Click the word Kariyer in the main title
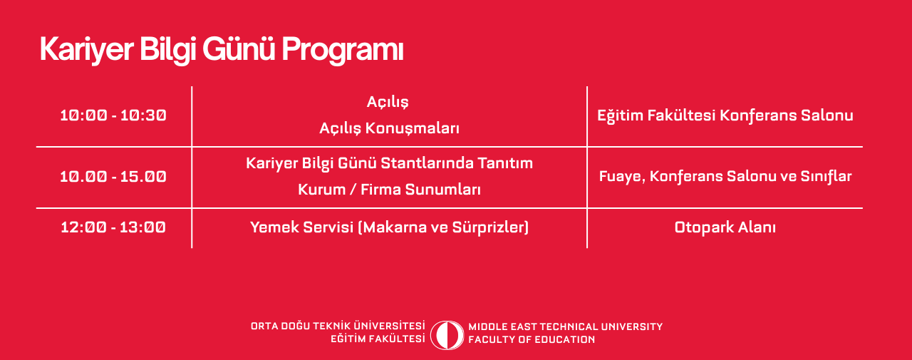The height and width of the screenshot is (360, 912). click(87, 50)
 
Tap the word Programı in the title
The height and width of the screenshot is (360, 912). click(343, 50)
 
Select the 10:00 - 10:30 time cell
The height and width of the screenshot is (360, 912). click(113, 115)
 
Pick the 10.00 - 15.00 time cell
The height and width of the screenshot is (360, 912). click(113, 177)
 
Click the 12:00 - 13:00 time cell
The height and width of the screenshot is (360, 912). click(113, 227)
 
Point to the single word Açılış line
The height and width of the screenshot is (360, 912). click(388, 102)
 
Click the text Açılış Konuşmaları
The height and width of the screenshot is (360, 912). click(389, 128)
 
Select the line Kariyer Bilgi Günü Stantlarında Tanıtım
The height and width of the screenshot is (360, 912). click(389, 163)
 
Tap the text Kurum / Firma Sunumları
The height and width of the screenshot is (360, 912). click(389, 190)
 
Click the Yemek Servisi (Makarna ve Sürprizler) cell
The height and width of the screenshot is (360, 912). click(389, 227)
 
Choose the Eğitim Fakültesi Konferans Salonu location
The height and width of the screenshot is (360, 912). click(725, 115)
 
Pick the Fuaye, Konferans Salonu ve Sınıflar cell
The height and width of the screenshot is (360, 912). click(725, 177)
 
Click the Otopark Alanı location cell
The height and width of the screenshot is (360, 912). click(725, 227)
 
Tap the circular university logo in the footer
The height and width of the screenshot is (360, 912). click(447, 335)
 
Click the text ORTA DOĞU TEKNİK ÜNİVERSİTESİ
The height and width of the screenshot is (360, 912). click(338, 326)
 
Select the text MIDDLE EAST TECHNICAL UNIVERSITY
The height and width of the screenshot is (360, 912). click(566, 326)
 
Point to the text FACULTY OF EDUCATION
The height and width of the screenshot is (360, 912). click(532, 339)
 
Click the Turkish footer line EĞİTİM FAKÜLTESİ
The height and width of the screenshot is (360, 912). click(378, 339)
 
